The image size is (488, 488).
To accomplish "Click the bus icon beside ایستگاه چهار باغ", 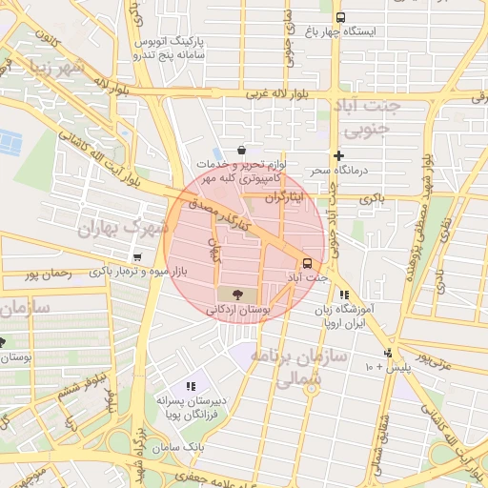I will click(339, 17).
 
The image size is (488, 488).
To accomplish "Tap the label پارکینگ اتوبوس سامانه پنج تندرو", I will click(142, 48).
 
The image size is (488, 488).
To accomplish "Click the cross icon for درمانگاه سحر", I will click(338, 155).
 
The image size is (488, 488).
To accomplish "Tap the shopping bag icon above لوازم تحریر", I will click(241, 150).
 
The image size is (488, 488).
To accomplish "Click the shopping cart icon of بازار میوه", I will click(138, 256).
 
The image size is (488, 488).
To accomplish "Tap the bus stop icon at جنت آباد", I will click(306, 263).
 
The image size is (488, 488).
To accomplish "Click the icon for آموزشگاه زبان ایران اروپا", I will click(343, 295).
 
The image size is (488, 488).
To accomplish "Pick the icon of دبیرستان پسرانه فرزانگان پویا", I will click(191, 386).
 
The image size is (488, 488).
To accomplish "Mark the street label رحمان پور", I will click(50, 274).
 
